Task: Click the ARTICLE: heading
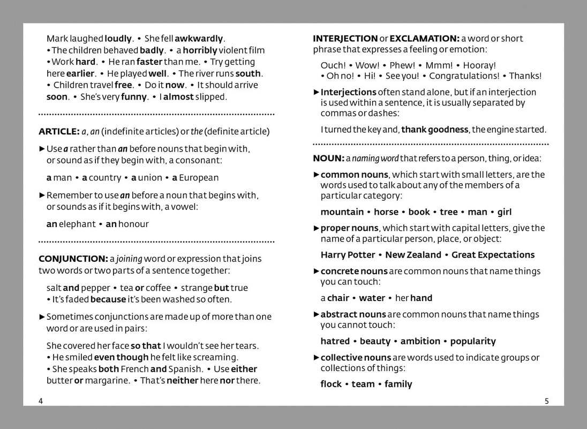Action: pyautogui.click(x=59, y=132)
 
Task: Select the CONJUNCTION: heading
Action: pyautogui.click(x=73, y=259)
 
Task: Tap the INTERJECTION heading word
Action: pyautogui.click(x=345, y=39)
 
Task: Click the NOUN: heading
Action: pyautogui.click(x=328, y=159)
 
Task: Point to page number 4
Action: pyautogui.click(x=41, y=401)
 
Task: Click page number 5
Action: pyautogui.click(x=546, y=401)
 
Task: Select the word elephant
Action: pyautogui.click(x=77, y=224)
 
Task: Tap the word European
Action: pyautogui.click(x=199, y=178)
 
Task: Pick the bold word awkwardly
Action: pyautogui.click(x=199, y=39)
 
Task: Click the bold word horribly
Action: pyautogui.click(x=200, y=50)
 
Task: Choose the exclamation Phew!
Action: pyautogui.click(x=403, y=65)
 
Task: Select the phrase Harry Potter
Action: pyautogui.click(x=348, y=255)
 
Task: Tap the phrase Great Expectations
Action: pyautogui.click(x=493, y=255)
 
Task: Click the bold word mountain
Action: pyautogui.click(x=342, y=212)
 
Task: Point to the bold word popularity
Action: pyautogui.click(x=473, y=341)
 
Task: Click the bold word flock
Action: pyautogui.click(x=331, y=384)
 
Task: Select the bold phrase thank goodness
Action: pyautogui.click(x=435, y=130)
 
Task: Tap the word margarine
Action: pyautogui.click(x=107, y=381)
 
